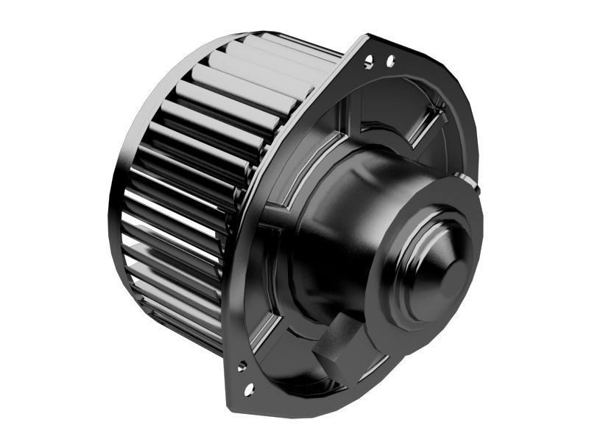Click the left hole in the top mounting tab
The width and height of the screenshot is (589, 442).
(367, 63)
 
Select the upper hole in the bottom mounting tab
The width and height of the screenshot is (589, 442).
(241, 364)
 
